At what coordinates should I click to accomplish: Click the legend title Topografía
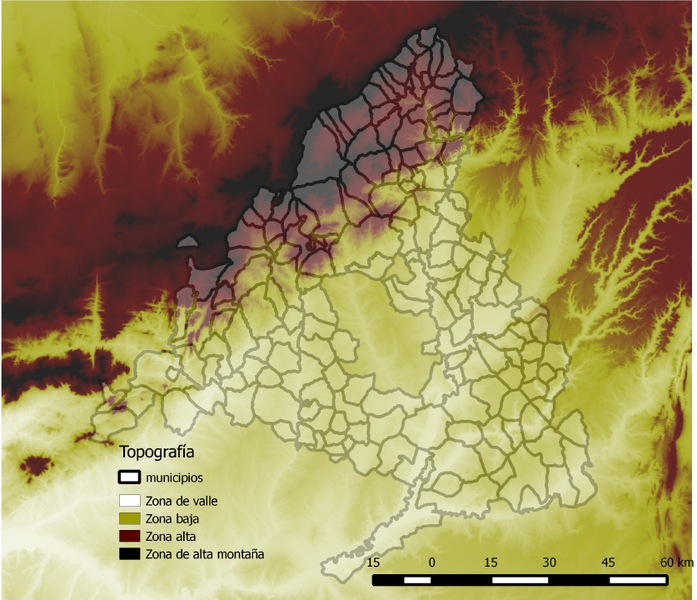tap(157, 452)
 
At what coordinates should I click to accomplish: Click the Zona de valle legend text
tap(182, 500)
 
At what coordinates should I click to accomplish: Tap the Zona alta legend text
tap(170, 536)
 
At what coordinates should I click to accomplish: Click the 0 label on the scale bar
tap(432, 563)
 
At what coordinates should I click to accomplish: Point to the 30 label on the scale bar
tap(550, 563)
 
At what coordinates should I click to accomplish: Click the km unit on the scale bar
tap(685, 563)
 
